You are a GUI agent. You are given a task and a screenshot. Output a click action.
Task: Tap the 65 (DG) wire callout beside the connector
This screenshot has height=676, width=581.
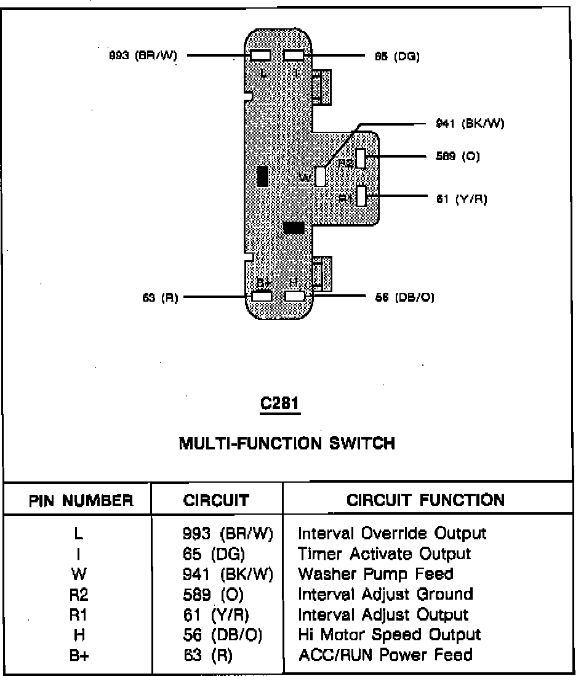[x=396, y=57]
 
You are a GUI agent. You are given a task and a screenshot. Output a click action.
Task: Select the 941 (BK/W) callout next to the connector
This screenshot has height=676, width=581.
[x=470, y=124]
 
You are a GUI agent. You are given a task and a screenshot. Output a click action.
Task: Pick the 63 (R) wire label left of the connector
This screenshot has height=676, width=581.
[x=160, y=297]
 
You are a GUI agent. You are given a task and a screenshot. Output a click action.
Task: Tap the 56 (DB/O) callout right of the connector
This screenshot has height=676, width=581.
[x=405, y=297]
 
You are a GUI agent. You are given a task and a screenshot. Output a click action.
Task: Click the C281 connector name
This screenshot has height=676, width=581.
[x=281, y=403]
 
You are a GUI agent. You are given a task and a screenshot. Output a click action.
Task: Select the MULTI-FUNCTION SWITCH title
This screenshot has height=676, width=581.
[x=287, y=443]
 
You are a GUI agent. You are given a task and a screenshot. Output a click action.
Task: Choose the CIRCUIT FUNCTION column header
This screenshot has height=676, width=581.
[x=425, y=499]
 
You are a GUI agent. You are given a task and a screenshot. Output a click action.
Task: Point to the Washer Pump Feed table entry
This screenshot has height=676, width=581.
[x=375, y=574]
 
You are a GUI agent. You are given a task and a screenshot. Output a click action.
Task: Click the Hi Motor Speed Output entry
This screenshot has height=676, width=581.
[x=389, y=635]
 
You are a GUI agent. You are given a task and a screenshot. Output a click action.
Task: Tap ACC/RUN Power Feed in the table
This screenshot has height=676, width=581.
[x=385, y=655]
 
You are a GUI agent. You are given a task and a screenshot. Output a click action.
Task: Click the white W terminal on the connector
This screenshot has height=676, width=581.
[x=320, y=177]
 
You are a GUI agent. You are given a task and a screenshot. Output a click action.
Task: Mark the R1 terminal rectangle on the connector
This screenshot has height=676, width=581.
[x=361, y=196]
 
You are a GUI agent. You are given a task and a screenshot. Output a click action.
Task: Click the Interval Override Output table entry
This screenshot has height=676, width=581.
[x=392, y=533]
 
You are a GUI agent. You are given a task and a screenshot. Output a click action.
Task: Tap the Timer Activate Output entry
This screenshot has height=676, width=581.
[x=384, y=553]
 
